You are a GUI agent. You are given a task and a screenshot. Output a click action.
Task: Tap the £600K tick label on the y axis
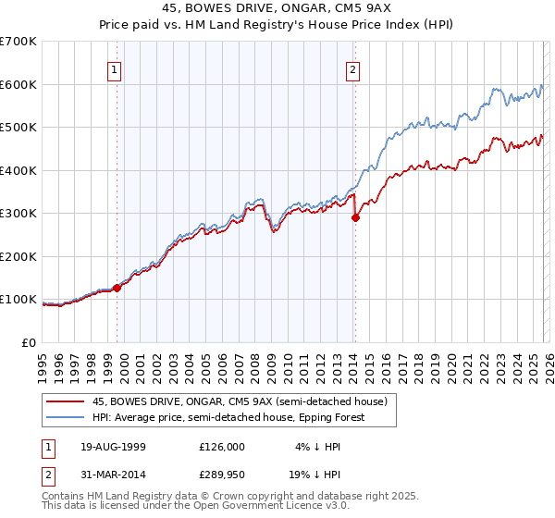[18, 84]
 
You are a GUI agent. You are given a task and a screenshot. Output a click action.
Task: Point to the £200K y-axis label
[18, 256]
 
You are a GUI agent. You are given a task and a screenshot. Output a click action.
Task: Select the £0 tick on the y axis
[30, 342]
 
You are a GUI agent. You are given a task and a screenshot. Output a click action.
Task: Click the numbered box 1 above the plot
[114, 68]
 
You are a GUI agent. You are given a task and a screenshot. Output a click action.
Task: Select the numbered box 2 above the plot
[353, 68]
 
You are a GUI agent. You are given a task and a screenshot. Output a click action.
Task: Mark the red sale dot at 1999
[117, 288]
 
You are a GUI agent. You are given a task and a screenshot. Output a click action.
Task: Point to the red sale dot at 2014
[355, 218]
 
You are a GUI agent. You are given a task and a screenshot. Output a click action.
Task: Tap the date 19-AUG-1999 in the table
[113, 446]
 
